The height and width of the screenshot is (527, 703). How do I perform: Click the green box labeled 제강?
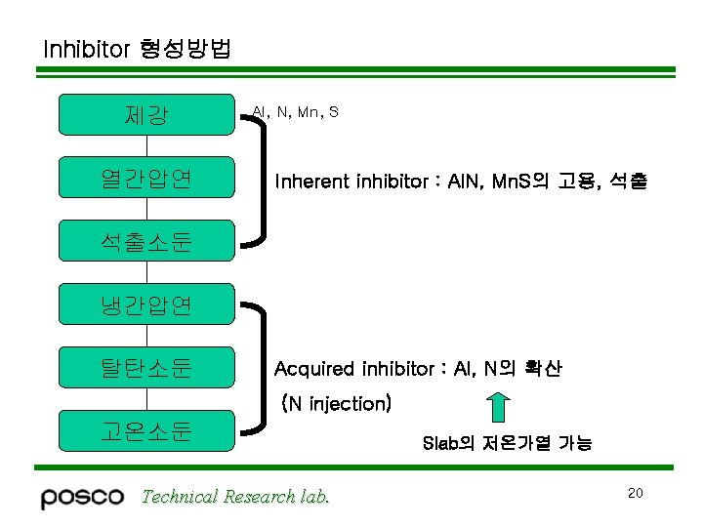point(146,114)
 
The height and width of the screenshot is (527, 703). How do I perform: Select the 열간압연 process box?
point(146,178)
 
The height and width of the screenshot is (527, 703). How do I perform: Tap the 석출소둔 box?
point(146,241)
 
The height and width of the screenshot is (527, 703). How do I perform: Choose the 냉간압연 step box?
point(146,304)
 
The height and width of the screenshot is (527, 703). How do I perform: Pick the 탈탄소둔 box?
point(146,368)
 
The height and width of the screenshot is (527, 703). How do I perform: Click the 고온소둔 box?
point(146,430)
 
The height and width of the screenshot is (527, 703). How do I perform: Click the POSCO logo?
point(82,497)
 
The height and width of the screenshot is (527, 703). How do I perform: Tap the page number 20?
point(635,493)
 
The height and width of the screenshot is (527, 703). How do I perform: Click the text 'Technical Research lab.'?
point(235,497)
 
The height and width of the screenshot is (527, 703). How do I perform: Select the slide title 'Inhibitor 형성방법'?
point(137,49)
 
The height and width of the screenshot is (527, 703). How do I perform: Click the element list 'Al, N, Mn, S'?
point(295,112)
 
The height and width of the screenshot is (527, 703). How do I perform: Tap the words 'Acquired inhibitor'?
point(354,369)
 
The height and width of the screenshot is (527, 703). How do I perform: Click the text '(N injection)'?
point(336,403)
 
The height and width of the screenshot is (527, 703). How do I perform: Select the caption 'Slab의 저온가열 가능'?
point(507,443)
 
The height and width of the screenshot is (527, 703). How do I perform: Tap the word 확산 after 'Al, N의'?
point(542,369)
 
